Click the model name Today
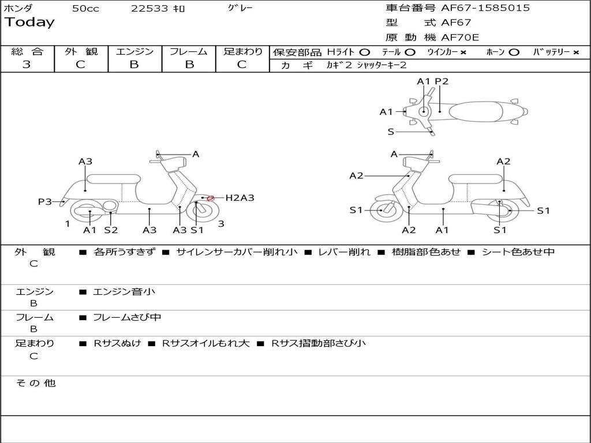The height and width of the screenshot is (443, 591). point(29,22)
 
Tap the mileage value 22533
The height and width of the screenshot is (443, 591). point(149,9)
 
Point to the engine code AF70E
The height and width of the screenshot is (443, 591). point(460,38)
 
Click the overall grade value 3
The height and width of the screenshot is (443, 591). point(27,65)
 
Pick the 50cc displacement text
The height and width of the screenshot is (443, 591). point(85,9)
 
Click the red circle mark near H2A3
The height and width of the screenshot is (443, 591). point(211,198)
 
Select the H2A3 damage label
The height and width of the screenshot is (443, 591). point(240,198)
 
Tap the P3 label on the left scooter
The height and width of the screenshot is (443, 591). point(45,201)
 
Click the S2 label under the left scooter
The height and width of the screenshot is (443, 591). point(111,230)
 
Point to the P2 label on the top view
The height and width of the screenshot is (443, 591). point(442,81)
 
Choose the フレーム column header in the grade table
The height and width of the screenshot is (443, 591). point(189,51)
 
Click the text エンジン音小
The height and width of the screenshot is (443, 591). point(124,292)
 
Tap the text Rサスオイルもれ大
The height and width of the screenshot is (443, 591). point(205,343)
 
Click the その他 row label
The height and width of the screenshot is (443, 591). point(36,383)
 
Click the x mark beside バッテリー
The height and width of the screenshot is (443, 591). point(576,52)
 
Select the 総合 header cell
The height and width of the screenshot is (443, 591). point(27,51)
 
